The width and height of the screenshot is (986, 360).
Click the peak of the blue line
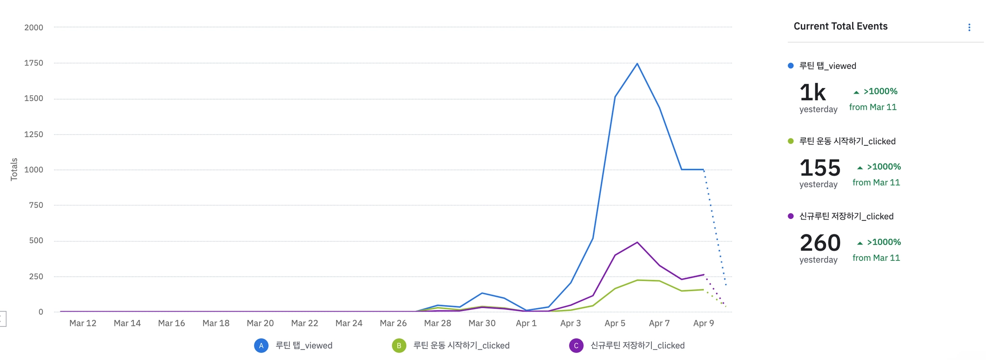coord(637,64)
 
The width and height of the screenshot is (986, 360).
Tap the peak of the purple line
coord(637,242)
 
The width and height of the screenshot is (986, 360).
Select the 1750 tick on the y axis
coord(34,63)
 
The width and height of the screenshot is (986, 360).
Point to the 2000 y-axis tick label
coord(34,27)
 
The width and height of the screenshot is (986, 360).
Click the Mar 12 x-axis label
coord(83,323)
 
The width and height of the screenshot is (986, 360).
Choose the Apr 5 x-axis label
coord(615,323)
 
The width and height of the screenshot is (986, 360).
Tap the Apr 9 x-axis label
coord(703,323)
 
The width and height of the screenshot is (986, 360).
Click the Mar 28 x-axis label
coord(438,323)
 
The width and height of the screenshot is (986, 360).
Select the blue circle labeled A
coord(261,346)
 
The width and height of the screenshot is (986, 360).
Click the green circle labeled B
coord(399,346)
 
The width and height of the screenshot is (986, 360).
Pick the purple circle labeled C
coord(576,346)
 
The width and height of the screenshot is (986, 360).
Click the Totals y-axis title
coord(14,169)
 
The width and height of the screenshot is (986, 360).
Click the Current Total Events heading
coord(840,26)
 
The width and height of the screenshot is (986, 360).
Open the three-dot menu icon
coord(969,27)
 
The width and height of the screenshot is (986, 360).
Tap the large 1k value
coord(812,92)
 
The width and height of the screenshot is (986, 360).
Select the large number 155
coord(820,167)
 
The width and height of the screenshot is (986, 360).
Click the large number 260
coord(820,243)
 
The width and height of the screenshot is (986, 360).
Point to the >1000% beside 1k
coord(880,91)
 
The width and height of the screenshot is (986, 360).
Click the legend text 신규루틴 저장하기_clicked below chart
coord(637,346)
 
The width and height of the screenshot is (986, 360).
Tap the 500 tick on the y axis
coord(36,241)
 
